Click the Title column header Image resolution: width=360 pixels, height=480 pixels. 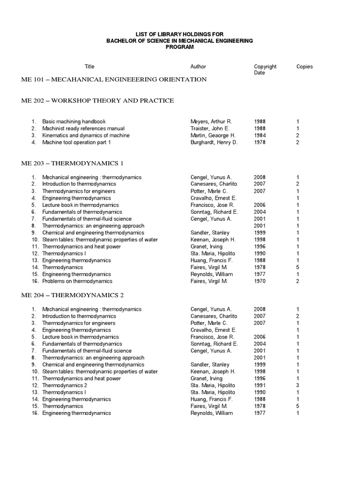click(x=89, y=67)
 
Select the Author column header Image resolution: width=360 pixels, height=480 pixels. click(x=198, y=67)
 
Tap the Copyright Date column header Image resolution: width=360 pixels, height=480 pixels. click(x=265, y=69)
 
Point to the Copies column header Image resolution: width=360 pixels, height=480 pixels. click(x=305, y=67)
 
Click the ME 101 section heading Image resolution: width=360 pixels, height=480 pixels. click(x=114, y=80)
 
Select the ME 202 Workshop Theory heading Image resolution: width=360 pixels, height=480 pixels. click(x=97, y=101)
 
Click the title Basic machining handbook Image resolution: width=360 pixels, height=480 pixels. click(x=74, y=121)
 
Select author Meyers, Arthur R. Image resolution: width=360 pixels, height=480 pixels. click(x=211, y=121)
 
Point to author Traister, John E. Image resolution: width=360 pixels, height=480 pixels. click(x=210, y=128)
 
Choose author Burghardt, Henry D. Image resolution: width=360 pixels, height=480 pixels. click(x=214, y=142)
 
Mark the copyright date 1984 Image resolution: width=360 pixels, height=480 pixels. click(x=260, y=135)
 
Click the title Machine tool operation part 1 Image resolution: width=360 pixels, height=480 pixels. click(x=76, y=142)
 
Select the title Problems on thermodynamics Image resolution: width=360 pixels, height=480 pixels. click(x=77, y=281)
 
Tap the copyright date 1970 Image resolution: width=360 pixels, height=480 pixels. click(x=260, y=281)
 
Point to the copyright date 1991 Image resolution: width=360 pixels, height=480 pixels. click(x=260, y=385)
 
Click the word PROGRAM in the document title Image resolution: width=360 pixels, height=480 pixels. click(x=180, y=47)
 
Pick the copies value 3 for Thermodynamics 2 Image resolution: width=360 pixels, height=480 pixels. click(x=298, y=385)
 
